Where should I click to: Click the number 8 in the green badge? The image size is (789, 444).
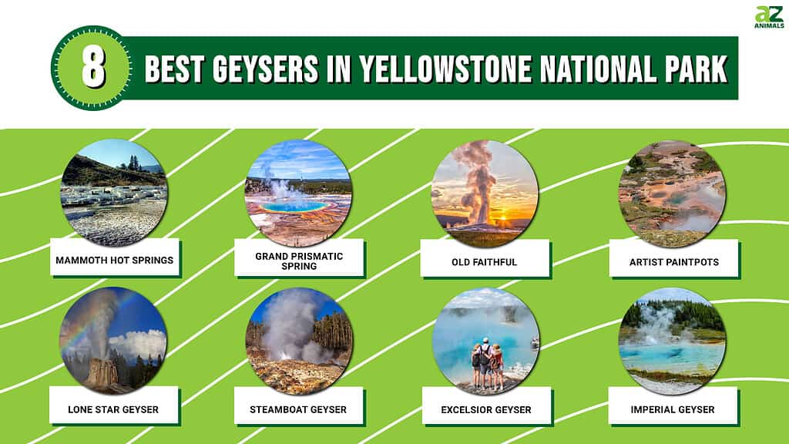(x=93, y=68)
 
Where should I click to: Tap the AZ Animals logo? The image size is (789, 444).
(x=769, y=17)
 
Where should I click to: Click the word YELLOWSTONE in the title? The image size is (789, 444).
(x=445, y=69)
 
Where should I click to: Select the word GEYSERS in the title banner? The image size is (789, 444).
(x=265, y=69)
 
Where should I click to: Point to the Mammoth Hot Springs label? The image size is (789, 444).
(x=114, y=261)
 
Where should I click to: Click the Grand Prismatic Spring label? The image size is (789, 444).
(x=299, y=261)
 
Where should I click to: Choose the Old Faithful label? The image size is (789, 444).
(x=484, y=262)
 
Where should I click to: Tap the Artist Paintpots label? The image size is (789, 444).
(x=673, y=262)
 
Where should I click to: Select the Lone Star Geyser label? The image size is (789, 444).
(x=113, y=409)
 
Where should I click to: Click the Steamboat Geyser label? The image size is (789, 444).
(x=298, y=409)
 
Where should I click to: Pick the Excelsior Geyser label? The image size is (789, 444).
(x=486, y=410)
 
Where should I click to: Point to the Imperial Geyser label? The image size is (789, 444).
(x=672, y=409)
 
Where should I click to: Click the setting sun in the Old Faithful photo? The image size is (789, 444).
(x=502, y=218)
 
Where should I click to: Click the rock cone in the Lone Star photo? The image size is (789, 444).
(x=102, y=373)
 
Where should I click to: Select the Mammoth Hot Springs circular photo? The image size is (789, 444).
(x=113, y=193)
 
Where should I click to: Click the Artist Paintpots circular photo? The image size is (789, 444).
(x=672, y=193)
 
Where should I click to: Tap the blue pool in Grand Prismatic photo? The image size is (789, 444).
(x=294, y=206)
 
